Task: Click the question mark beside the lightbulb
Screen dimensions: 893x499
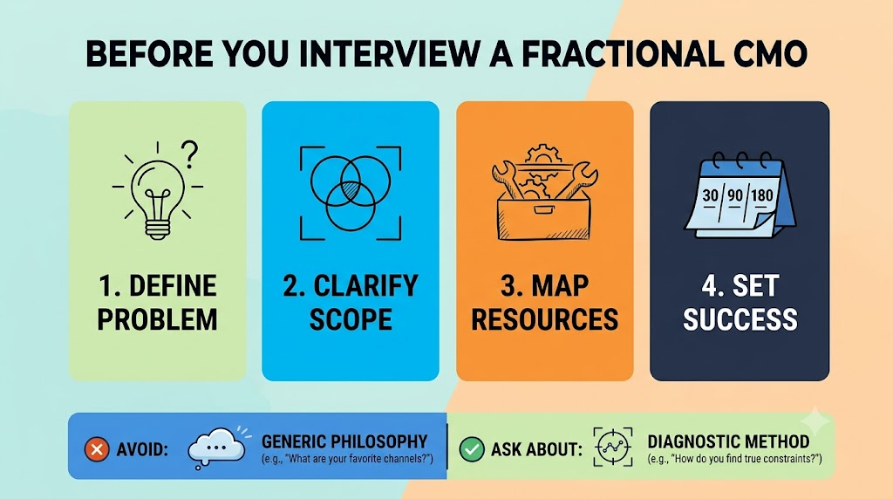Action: [x=190, y=155]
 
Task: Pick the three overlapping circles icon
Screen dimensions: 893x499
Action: [x=351, y=193]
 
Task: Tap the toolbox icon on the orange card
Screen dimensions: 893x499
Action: [x=544, y=194]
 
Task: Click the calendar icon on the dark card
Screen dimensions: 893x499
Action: [x=740, y=195]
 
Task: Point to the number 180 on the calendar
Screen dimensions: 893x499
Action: [x=761, y=195]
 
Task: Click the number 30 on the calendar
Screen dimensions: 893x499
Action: [x=710, y=196]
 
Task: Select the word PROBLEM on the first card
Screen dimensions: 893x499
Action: [x=157, y=319]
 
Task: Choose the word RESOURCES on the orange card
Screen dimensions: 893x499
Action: [x=544, y=319]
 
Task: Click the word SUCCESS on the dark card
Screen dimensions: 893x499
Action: [x=740, y=319]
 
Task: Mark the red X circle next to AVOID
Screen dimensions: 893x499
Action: [x=97, y=449]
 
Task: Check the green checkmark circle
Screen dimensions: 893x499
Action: [x=472, y=449]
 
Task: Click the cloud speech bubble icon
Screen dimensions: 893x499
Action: [x=217, y=448]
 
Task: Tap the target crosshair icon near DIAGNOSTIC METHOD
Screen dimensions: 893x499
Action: [x=613, y=448]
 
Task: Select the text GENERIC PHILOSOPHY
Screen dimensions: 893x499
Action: [x=344, y=441]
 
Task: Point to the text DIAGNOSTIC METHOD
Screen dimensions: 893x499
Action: [x=728, y=441]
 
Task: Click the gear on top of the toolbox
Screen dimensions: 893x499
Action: [x=542, y=155]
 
